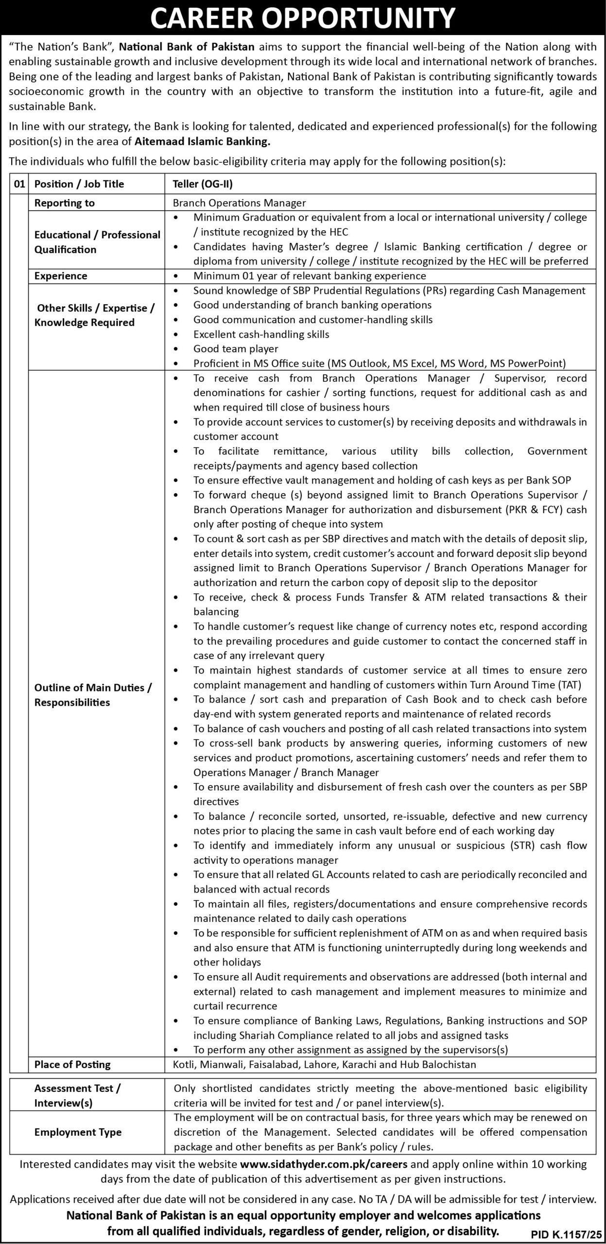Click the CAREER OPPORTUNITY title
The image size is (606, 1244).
[303, 18]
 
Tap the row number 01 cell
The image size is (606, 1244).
[19, 184]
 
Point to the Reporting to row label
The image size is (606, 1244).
[64, 203]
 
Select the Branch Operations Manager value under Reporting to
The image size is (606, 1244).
[240, 203]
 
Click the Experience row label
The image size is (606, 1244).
[61, 276]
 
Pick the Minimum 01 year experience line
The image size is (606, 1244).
[310, 276]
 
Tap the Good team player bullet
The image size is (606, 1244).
[236, 349]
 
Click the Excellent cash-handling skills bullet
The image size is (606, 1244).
[261, 334]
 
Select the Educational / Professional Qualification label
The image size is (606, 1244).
[97, 242]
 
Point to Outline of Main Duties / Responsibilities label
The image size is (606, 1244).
[93, 695]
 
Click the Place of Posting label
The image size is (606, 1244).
[72, 1065]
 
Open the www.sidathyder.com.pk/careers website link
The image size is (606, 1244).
[324, 1164]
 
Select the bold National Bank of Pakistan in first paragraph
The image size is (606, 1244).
[187, 47]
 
